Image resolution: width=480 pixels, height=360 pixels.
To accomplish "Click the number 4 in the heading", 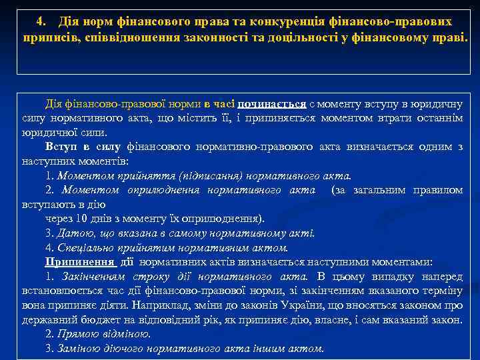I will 39,22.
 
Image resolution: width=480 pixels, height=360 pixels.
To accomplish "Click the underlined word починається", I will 275,104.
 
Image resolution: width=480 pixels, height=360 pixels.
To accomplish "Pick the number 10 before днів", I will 81,218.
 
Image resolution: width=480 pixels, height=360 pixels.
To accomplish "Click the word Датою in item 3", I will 73,233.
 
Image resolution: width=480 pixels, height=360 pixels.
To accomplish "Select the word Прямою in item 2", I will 76,334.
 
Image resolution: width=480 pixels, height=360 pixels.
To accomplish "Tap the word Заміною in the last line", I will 79,349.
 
